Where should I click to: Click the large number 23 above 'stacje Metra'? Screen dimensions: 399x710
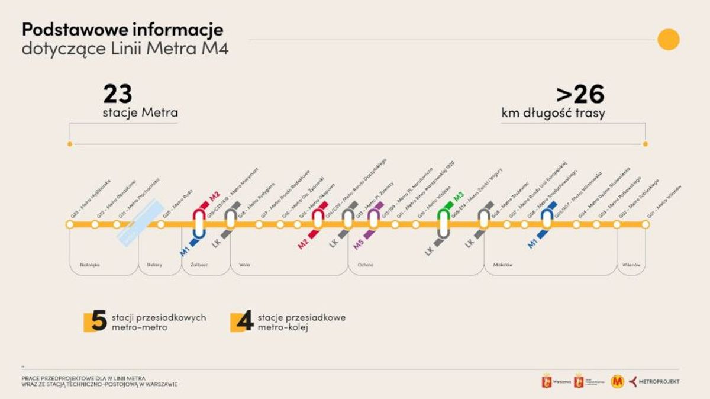118,94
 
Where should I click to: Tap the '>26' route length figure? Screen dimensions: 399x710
579,94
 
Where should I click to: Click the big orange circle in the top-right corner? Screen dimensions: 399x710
669,39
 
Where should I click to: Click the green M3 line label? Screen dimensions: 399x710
458,197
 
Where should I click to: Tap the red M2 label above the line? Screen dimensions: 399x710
214,195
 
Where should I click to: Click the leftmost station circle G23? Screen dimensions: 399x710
70,224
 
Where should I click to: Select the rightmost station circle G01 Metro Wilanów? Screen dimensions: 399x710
645,224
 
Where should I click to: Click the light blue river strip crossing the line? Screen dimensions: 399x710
140,223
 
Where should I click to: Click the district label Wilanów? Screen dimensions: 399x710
631,265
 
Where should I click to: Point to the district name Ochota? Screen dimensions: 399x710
365,265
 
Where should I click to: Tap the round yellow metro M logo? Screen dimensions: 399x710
617,381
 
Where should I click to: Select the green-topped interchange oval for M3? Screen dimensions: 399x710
444,223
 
